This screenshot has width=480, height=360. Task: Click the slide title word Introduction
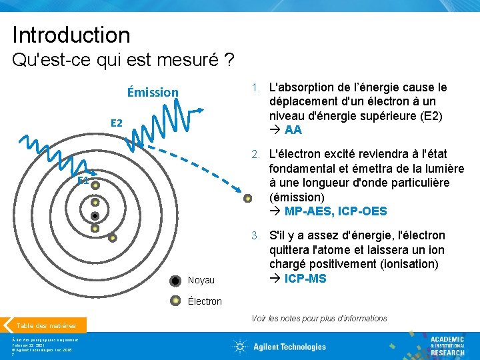(x=71, y=35)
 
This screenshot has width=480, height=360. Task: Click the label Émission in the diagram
(x=153, y=92)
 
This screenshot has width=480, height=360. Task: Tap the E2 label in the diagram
(x=117, y=123)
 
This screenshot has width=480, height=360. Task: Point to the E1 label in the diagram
(x=83, y=181)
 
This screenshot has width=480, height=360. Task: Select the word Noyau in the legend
(x=201, y=280)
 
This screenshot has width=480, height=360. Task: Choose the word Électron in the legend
(x=205, y=301)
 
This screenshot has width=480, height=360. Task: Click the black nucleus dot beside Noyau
(x=175, y=281)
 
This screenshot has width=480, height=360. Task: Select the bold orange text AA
(x=293, y=130)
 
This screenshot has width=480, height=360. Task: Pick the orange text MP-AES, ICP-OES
(x=335, y=211)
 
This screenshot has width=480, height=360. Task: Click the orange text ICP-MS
(x=305, y=278)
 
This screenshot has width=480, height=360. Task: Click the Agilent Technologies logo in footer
(x=279, y=346)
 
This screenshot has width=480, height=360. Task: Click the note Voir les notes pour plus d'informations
(x=319, y=319)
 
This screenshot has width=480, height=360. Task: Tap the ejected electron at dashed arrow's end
(x=248, y=198)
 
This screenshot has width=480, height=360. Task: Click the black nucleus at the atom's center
(x=95, y=215)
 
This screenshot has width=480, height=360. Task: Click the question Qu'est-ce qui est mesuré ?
(x=123, y=62)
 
